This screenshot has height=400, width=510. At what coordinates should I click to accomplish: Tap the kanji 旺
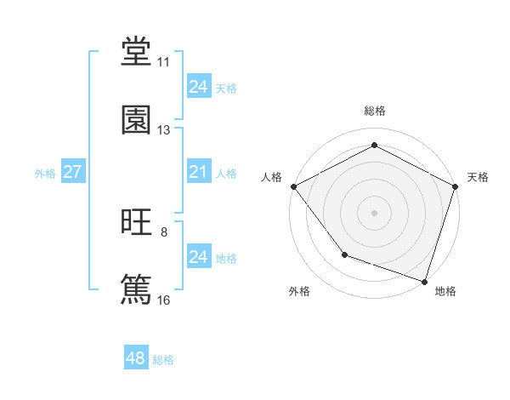click(x=137, y=223)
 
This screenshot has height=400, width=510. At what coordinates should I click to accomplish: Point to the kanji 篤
click(x=137, y=289)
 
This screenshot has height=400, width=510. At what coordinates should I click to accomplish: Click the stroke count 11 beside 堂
click(x=163, y=62)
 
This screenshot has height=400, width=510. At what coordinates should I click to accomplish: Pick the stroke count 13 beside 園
click(x=163, y=130)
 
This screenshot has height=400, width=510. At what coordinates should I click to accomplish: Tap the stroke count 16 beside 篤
click(x=163, y=300)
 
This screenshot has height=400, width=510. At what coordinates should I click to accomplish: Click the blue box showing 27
click(x=72, y=172)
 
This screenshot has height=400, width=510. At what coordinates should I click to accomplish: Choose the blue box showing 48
click(x=136, y=358)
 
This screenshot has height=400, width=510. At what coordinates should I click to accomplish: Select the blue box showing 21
click(x=198, y=172)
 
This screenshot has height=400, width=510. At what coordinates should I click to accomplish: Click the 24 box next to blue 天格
click(x=198, y=86)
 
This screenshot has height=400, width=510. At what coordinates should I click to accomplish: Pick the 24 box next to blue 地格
click(x=198, y=256)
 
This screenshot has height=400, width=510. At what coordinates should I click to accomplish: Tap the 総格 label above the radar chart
click(x=374, y=111)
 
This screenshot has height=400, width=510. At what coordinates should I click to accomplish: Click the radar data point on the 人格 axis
click(x=293, y=186)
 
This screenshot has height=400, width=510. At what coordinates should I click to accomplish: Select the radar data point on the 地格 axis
click(x=424, y=281)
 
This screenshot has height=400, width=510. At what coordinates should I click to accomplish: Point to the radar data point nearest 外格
click(x=344, y=254)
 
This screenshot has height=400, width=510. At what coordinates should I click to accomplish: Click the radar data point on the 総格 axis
click(x=374, y=146)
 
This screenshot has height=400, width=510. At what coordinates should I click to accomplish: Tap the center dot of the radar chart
click(x=374, y=212)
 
